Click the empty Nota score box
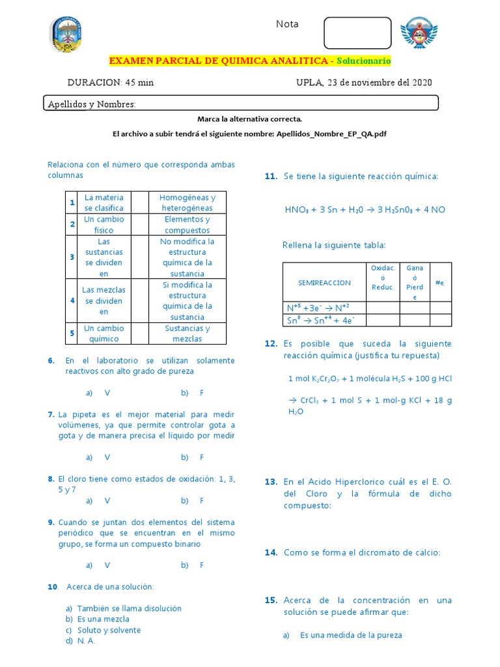click(x=358, y=33)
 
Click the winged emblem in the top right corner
click(x=419, y=34)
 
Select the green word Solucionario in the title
click(x=364, y=61)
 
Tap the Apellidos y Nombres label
click(x=92, y=104)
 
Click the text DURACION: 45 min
click(x=111, y=83)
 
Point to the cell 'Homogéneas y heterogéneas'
click(x=187, y=203)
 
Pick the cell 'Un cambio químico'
click(x=104, y=333)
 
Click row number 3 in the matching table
click(x=72, y=257)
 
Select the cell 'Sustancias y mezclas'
click(x=187, y=333)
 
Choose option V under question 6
click(x=107, y=393)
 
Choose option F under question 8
click(x=202, y=501)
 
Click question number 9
click(x=51, y=522)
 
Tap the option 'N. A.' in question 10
click(x=86, y=641)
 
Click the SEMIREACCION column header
click(x=324, y=283)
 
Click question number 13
click(x=271, y=482)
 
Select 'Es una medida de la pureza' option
click(x=351, y=635)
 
